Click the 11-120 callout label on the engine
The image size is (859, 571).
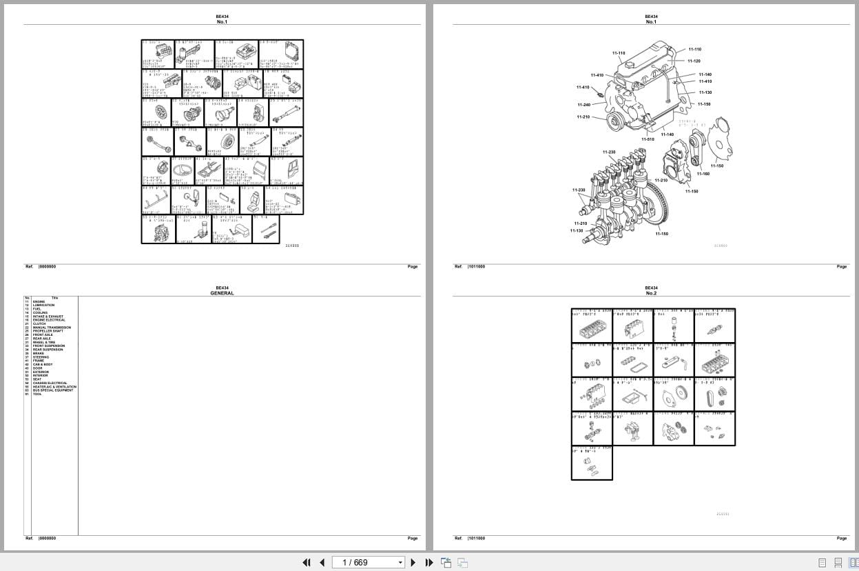click(694, 61)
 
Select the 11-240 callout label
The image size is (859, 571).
click(583, 105)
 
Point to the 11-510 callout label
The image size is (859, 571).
click(648, 139)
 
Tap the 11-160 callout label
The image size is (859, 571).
click(703, 174)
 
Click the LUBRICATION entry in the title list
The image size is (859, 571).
click(43, 305)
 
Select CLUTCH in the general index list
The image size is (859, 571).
click(39, 323)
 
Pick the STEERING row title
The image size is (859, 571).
click(41, 357)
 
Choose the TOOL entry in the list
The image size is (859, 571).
click(37, 394)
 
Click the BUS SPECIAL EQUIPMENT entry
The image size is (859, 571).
click(52, 390)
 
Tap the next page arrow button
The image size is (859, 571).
click(413, 563)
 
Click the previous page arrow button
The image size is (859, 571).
click(322, 563)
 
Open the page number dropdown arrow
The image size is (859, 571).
click(400, 563)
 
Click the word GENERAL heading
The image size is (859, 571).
click(222, 293)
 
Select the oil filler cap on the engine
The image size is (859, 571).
click(628, 63)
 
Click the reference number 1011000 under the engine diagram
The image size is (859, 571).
click(477, 267)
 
